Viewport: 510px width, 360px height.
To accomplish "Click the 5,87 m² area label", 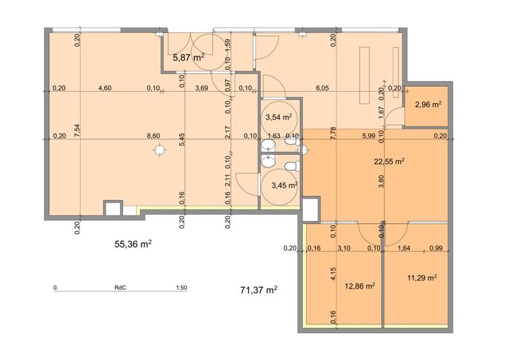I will click(x=189, y=57).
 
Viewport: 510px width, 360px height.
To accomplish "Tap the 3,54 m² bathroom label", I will click(x=278, y=117).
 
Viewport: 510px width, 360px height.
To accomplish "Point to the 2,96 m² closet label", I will click(x=428, y=104).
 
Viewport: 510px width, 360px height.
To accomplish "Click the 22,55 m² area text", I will click(x=390, y=162).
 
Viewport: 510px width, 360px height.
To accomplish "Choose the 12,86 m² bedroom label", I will click(x=359, y=286).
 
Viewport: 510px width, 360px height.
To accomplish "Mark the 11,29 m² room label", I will click(x=421, y=278).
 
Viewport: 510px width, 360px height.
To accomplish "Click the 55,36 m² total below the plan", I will click(x=133, y=244).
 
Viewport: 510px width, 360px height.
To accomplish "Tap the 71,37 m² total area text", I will click(x=258, y=291).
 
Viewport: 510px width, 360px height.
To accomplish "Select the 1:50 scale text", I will click(x=180, y=288).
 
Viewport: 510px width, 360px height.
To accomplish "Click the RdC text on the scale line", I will click(x=119, y=288).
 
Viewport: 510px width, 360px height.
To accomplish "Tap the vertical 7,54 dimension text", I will click(x=77, y=134).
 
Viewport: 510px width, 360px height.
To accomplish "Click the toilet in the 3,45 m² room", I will click(x=292, y=167).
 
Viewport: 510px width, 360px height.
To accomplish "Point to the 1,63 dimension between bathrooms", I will click(x=274, y=136).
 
